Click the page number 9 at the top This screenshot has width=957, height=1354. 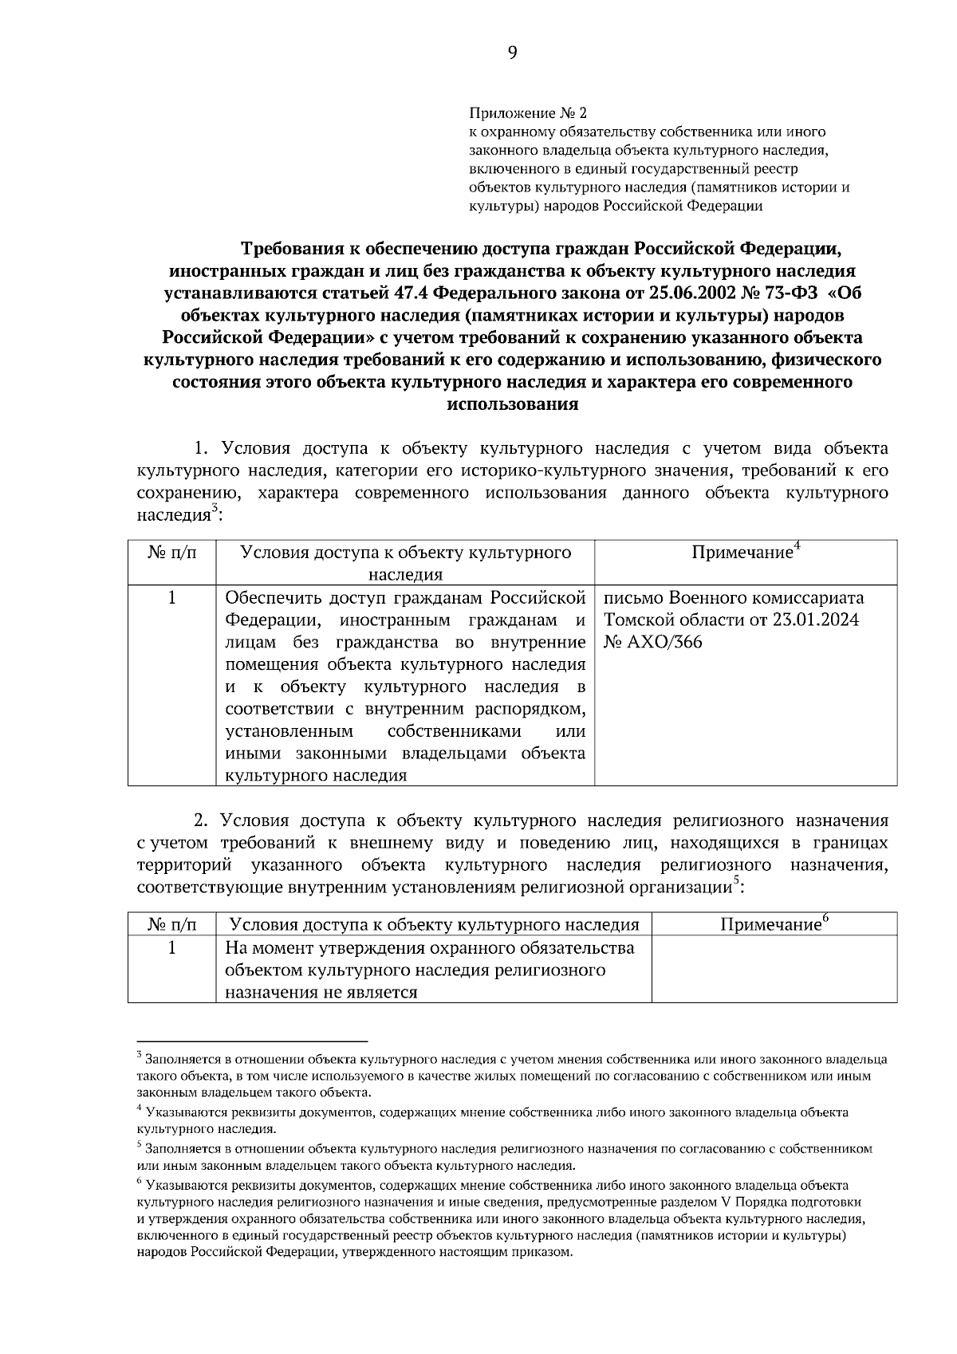click(511, 53)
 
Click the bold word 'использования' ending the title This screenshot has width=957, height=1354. click(512, 403)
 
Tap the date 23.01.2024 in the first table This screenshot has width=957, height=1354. click(815, 620)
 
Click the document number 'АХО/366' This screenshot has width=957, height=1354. click(664, 642)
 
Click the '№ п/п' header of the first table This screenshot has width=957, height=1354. click(171, 552)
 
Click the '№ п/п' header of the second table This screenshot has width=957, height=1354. click(171, 924)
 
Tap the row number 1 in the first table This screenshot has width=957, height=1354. click(171, 597)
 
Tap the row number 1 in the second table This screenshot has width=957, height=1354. click(171, 947)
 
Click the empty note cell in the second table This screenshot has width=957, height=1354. click(774, 969)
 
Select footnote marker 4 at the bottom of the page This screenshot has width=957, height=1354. click(140, 1108)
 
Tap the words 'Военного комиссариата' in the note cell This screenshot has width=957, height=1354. click(766, 597)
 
